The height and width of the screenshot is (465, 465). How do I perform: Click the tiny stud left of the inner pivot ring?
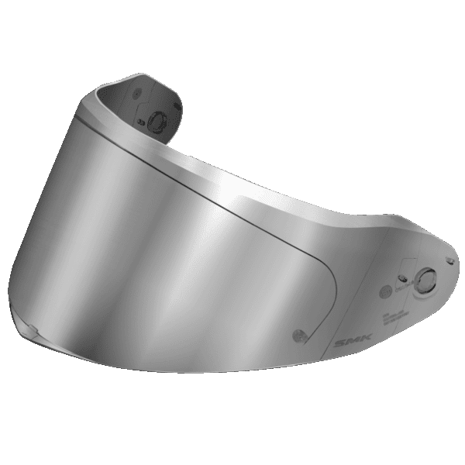click(142, 122)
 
